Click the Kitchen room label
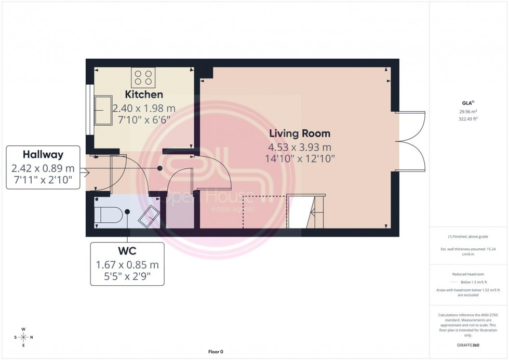click(144, 95)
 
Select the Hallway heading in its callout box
click(43, 154)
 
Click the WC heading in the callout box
click(127, 251)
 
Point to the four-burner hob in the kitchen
click(143, 77)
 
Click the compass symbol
click(23, 337)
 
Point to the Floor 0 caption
click(215, 352)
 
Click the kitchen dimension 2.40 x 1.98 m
click(144, 108)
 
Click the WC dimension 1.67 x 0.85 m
click(127, 265)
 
